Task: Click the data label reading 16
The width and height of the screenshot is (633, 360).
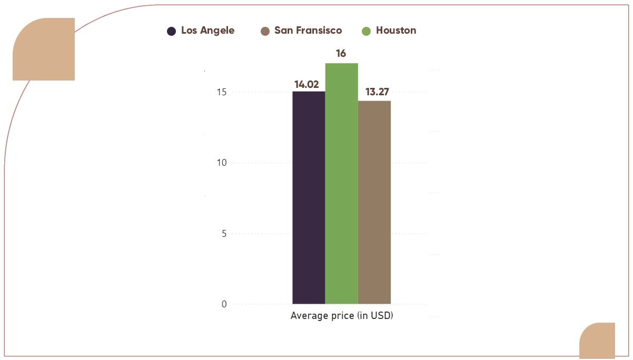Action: pos(341,54)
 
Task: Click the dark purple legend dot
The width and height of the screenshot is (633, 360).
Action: pos(171,31)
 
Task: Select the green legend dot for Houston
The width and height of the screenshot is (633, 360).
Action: pos(366,31)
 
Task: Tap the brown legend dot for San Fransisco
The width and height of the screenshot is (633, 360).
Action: pos(265,31)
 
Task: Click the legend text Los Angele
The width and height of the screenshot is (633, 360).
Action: pos(207,31)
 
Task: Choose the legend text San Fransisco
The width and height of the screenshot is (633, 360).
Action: pos(308,31)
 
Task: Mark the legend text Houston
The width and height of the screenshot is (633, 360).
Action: pos(395,31)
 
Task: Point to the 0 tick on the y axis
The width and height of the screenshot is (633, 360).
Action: pos(224,304)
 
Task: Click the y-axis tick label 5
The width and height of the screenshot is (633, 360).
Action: pos(224,234)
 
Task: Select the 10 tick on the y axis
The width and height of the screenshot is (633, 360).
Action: pos(221,163)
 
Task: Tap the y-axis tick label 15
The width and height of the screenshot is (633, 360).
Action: pos(221,92)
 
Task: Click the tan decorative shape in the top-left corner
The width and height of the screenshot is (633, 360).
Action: pos(44,49)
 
